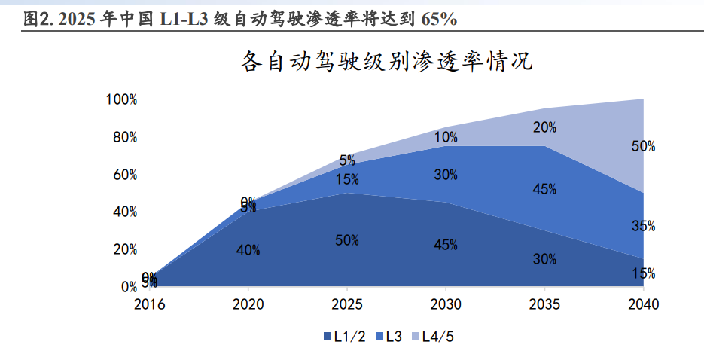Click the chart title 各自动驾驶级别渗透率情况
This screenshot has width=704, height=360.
(386, 61)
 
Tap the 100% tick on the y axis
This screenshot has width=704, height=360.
(122, 99)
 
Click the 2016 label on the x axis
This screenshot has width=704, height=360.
(149, 305)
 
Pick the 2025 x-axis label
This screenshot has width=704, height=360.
(347, 305)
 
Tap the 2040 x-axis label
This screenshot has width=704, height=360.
(643, 305)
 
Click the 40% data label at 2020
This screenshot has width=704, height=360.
(248, 250)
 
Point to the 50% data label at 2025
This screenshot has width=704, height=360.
(347, 240)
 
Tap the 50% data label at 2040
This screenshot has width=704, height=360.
(643, 146)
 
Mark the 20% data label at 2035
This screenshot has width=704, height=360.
(544, 127)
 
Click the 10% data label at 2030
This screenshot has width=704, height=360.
(446, 137)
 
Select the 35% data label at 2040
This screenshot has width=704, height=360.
(643, 225)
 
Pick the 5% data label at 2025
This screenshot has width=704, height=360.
(347, 160)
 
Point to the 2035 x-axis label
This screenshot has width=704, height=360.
(544, 305)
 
